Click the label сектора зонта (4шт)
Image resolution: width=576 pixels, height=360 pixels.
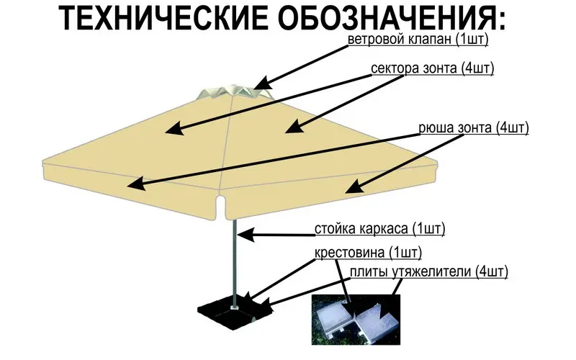[x=432, y=69]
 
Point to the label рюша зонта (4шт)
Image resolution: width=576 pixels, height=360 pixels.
[x=473, y=129]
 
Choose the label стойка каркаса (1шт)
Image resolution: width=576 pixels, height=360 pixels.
[x=379, y=230]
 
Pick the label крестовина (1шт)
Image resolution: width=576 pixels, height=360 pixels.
[x=368, y=253]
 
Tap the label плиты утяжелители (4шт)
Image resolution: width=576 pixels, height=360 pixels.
[x=429, y=272]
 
